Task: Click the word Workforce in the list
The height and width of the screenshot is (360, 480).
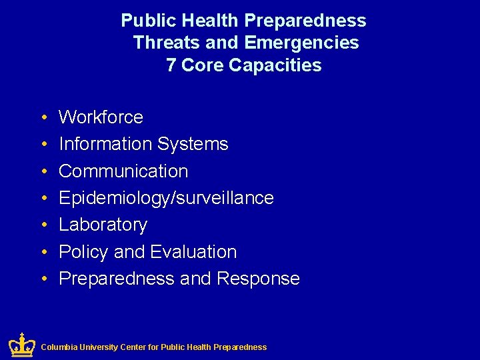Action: [x=101, y=117]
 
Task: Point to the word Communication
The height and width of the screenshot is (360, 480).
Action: [x=123, y=171]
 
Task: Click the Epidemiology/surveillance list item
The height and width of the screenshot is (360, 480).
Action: [x=166, y=198]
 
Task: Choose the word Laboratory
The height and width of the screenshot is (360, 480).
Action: [x=103, y=225]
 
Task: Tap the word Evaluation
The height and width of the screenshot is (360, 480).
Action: [x=193, y=252]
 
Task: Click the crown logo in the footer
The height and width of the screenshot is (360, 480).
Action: [x=22, y=345]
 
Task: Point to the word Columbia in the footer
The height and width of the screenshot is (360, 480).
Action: [x=59, y=347]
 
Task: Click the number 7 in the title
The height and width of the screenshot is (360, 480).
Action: [x=171, y=65]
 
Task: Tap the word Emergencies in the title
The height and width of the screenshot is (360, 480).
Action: [x=302, y=43]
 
